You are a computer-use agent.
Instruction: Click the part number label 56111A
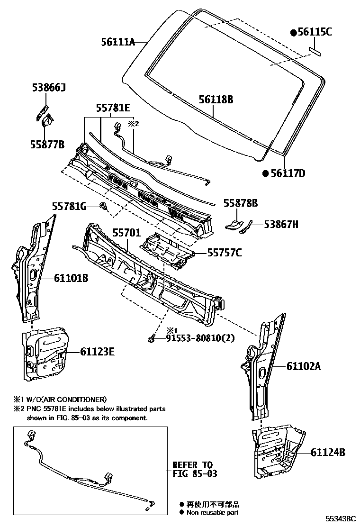118,42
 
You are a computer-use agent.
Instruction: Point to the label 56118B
216,100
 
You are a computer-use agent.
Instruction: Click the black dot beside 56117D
266,173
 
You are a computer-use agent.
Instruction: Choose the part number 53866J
49,88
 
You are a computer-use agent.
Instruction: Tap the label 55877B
48,145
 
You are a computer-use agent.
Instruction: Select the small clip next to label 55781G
103,206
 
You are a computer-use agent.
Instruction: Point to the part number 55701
126,233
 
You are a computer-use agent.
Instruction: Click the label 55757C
224,253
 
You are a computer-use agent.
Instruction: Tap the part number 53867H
281,225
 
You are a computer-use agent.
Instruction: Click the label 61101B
71,279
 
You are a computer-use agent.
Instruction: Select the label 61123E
97,352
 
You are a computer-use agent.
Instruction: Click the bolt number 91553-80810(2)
200,338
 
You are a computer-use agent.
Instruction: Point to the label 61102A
304,366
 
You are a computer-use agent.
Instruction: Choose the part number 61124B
328,452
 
